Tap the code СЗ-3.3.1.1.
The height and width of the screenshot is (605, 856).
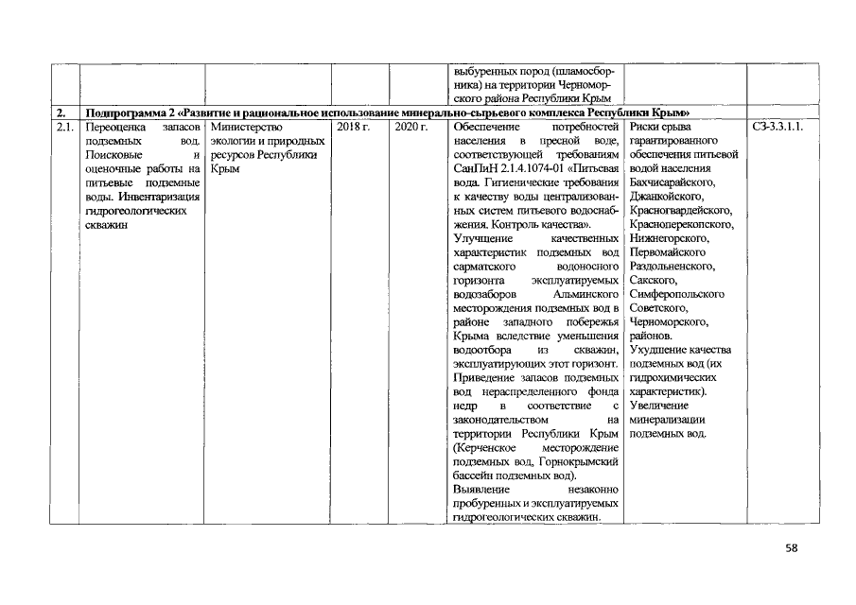point(778,126)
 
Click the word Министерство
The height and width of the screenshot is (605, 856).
point(243,126)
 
